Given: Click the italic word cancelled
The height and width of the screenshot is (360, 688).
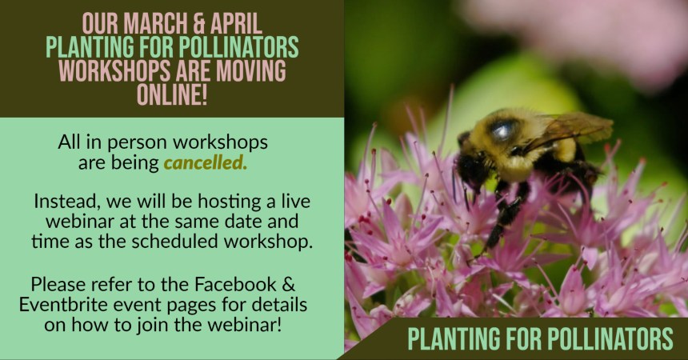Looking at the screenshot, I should (x=206, y=164).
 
